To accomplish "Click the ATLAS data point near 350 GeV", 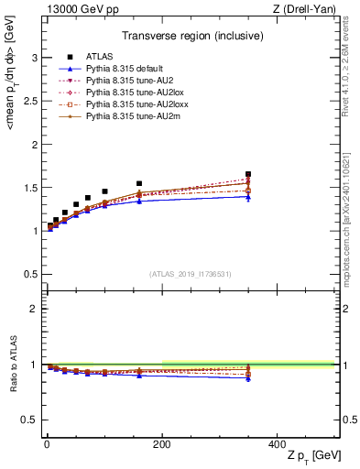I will [248, 174].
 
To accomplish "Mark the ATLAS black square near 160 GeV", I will [139, 183].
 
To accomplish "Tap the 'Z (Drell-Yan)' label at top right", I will [310, 9].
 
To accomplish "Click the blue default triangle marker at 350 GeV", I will [248, 197].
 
